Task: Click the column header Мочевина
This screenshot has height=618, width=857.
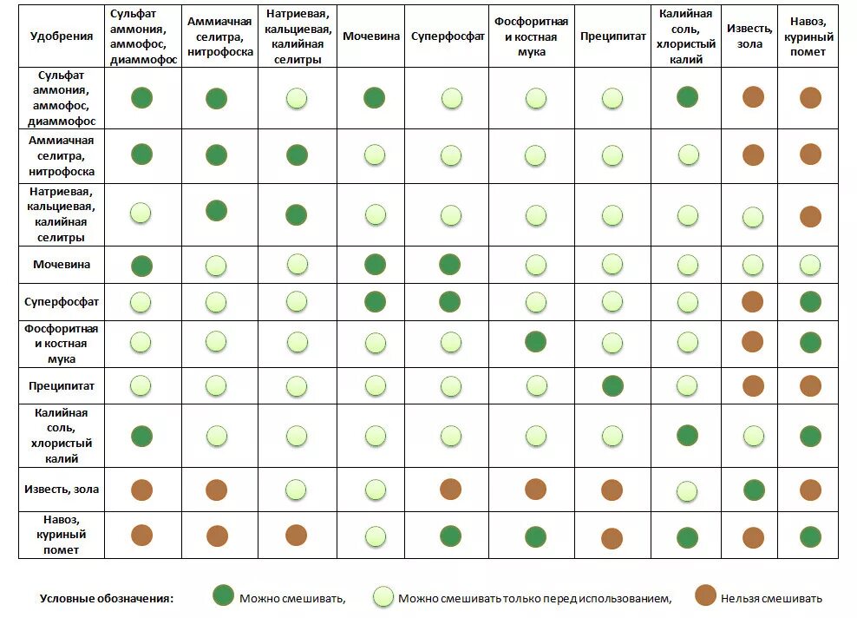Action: click(x=371, y=36)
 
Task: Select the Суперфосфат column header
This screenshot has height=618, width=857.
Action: click(x=448, y=36)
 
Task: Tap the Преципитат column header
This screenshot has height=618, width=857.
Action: click(x=612, y=37)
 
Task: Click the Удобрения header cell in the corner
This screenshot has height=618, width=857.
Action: click(x=62, y=36)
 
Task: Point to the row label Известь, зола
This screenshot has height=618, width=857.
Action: click(x=62, y=490)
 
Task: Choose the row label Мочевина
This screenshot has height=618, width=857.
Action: click(x=62, y=264)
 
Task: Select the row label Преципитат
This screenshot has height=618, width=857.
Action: click(x=62, y=385)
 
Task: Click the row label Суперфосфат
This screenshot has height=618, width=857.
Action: click(x=62, y=302)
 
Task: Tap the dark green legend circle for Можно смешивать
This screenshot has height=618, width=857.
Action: click(x=224, y=595)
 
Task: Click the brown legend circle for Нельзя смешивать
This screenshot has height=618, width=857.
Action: click(x=706, y=595)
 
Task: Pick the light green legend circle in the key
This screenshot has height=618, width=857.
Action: click(x=383, y=596)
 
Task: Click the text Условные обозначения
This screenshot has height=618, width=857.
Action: click(x=107, y=598)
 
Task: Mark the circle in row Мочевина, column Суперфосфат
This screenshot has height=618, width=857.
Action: click(x=450, y=264)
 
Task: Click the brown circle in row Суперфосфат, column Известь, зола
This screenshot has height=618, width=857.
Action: click(x=753, y=302)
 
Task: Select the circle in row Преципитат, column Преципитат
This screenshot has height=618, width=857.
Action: click(x=612, y=385)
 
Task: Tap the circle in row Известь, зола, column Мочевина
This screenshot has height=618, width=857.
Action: click(x=375, y=490)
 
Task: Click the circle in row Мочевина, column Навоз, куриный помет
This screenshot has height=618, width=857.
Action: click(x=810, y=264)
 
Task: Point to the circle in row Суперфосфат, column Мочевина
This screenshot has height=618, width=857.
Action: click(x=375, y=302)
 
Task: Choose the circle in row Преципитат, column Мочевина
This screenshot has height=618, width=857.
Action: click(x=375, y=385)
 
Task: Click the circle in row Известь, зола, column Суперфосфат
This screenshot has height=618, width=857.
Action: click(x=450, y=490)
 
